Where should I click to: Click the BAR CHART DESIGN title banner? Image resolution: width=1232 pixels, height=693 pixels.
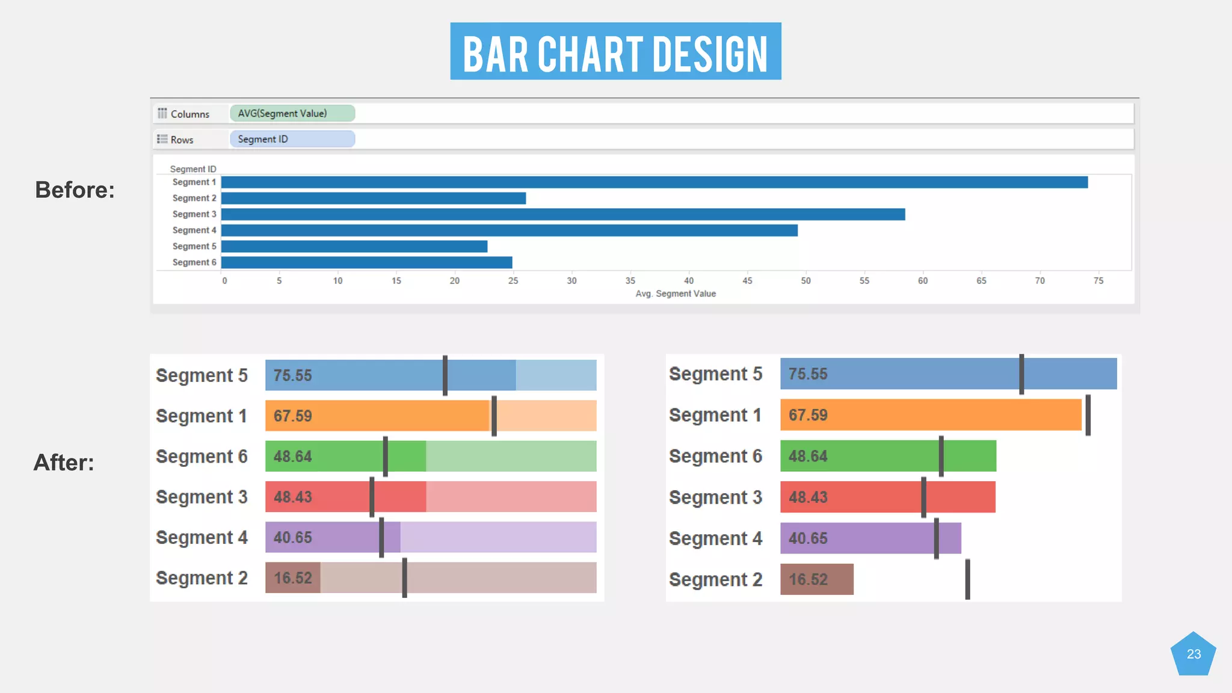pyautogui.click(x=615, y=52)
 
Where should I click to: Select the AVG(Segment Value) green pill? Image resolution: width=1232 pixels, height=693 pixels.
pyautogui.click(x=292, y=113)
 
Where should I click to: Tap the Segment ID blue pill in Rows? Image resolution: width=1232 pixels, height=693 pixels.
pyautogui.click(x=292, y=139)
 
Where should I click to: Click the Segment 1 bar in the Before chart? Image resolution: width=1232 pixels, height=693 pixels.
pyautogui.click(x=654, y=182)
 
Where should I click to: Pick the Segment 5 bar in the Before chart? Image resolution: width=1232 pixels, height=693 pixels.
pyautogui.click(x=354, y=246)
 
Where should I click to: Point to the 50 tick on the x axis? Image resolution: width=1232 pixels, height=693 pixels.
pyautogui.click(x=805, y=280)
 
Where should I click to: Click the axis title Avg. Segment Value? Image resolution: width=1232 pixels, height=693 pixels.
pyautogui.click(x=676, y=294)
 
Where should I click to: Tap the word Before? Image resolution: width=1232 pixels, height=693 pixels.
pyautogui.click(x=75, y=190)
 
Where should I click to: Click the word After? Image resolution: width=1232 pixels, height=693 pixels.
pyautogui.click(x=64, y=463)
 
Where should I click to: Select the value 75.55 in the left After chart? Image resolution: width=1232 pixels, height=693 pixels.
pyautogui.click(x=292, y=375)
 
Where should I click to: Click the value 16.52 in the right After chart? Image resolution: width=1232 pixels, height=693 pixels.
pyautogui.click(x=808, y=579)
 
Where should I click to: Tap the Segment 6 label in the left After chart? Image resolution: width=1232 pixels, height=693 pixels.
pyautogui.click(x=202, y=457)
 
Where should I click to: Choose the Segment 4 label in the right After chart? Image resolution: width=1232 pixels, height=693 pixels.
pyautogui.click(x=715, y=538)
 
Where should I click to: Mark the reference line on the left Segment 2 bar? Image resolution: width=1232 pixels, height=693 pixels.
pyautogui.click(x=405, y=577)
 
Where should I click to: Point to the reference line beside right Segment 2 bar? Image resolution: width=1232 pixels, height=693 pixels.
pyautogui.click(x=967, y=579)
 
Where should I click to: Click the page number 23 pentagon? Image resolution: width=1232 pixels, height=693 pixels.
pyautogui.click(x=1193, y=654)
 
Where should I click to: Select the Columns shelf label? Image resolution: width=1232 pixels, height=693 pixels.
pyautogui.click(x=189, y=114)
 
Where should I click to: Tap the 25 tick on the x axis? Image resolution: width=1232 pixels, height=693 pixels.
pyautogui.click(x=513, y=280)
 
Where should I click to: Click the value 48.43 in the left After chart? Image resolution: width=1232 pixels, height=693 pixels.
pyautogui.click(x=292, y=497)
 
